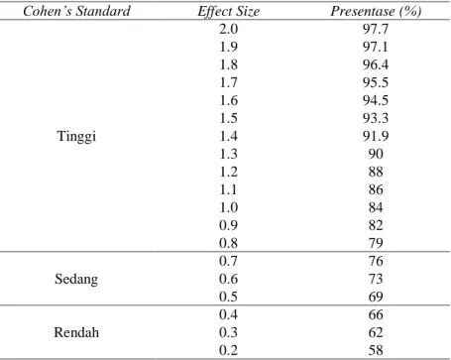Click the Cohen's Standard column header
click(76, 11)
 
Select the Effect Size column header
click(228, 12)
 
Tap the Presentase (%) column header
click(376, 11)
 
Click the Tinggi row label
click(76, 136)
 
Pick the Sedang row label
click(76, 279)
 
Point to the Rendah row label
click(76, 332)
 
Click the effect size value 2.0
click(228, 29)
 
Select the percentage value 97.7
click(376, 29)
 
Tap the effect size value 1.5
click(228, 118)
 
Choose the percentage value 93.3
click(376, 118)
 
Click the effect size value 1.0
click(228, 207)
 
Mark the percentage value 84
click(376, 207)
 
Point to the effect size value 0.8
click(228, 243)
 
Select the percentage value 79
click(376, 243)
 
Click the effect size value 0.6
click(228, 279)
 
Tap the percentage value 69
click(376, 297)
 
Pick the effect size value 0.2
click(228, 350)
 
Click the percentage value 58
click(376, 350)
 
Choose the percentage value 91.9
click(376, 136)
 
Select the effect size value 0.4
click(228, 314)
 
